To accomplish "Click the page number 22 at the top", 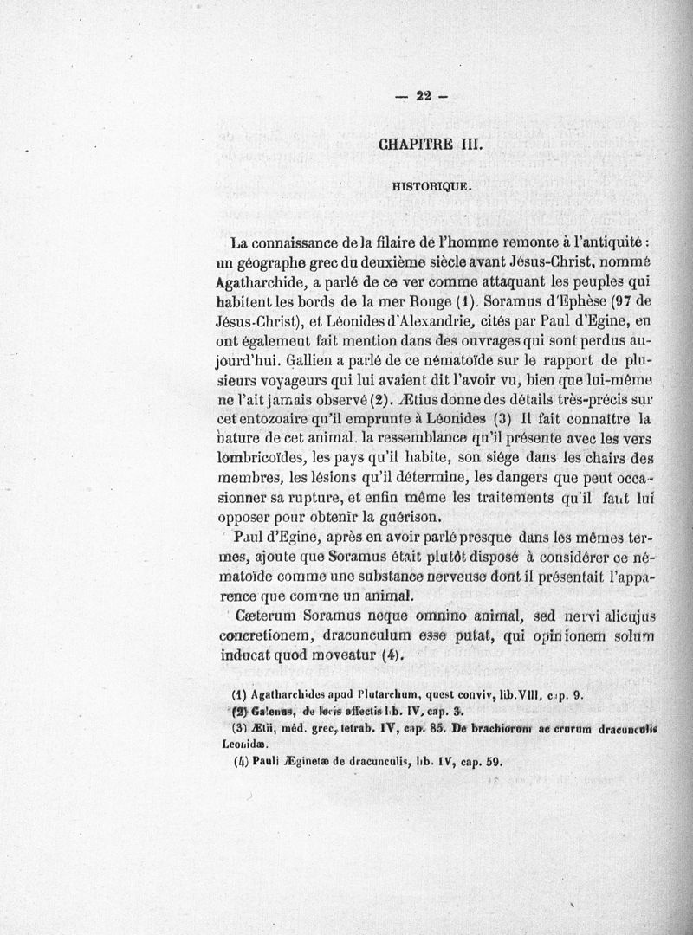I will [424, 97].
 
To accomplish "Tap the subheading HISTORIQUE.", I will [431, 185].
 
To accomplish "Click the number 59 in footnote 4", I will [493, 762].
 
